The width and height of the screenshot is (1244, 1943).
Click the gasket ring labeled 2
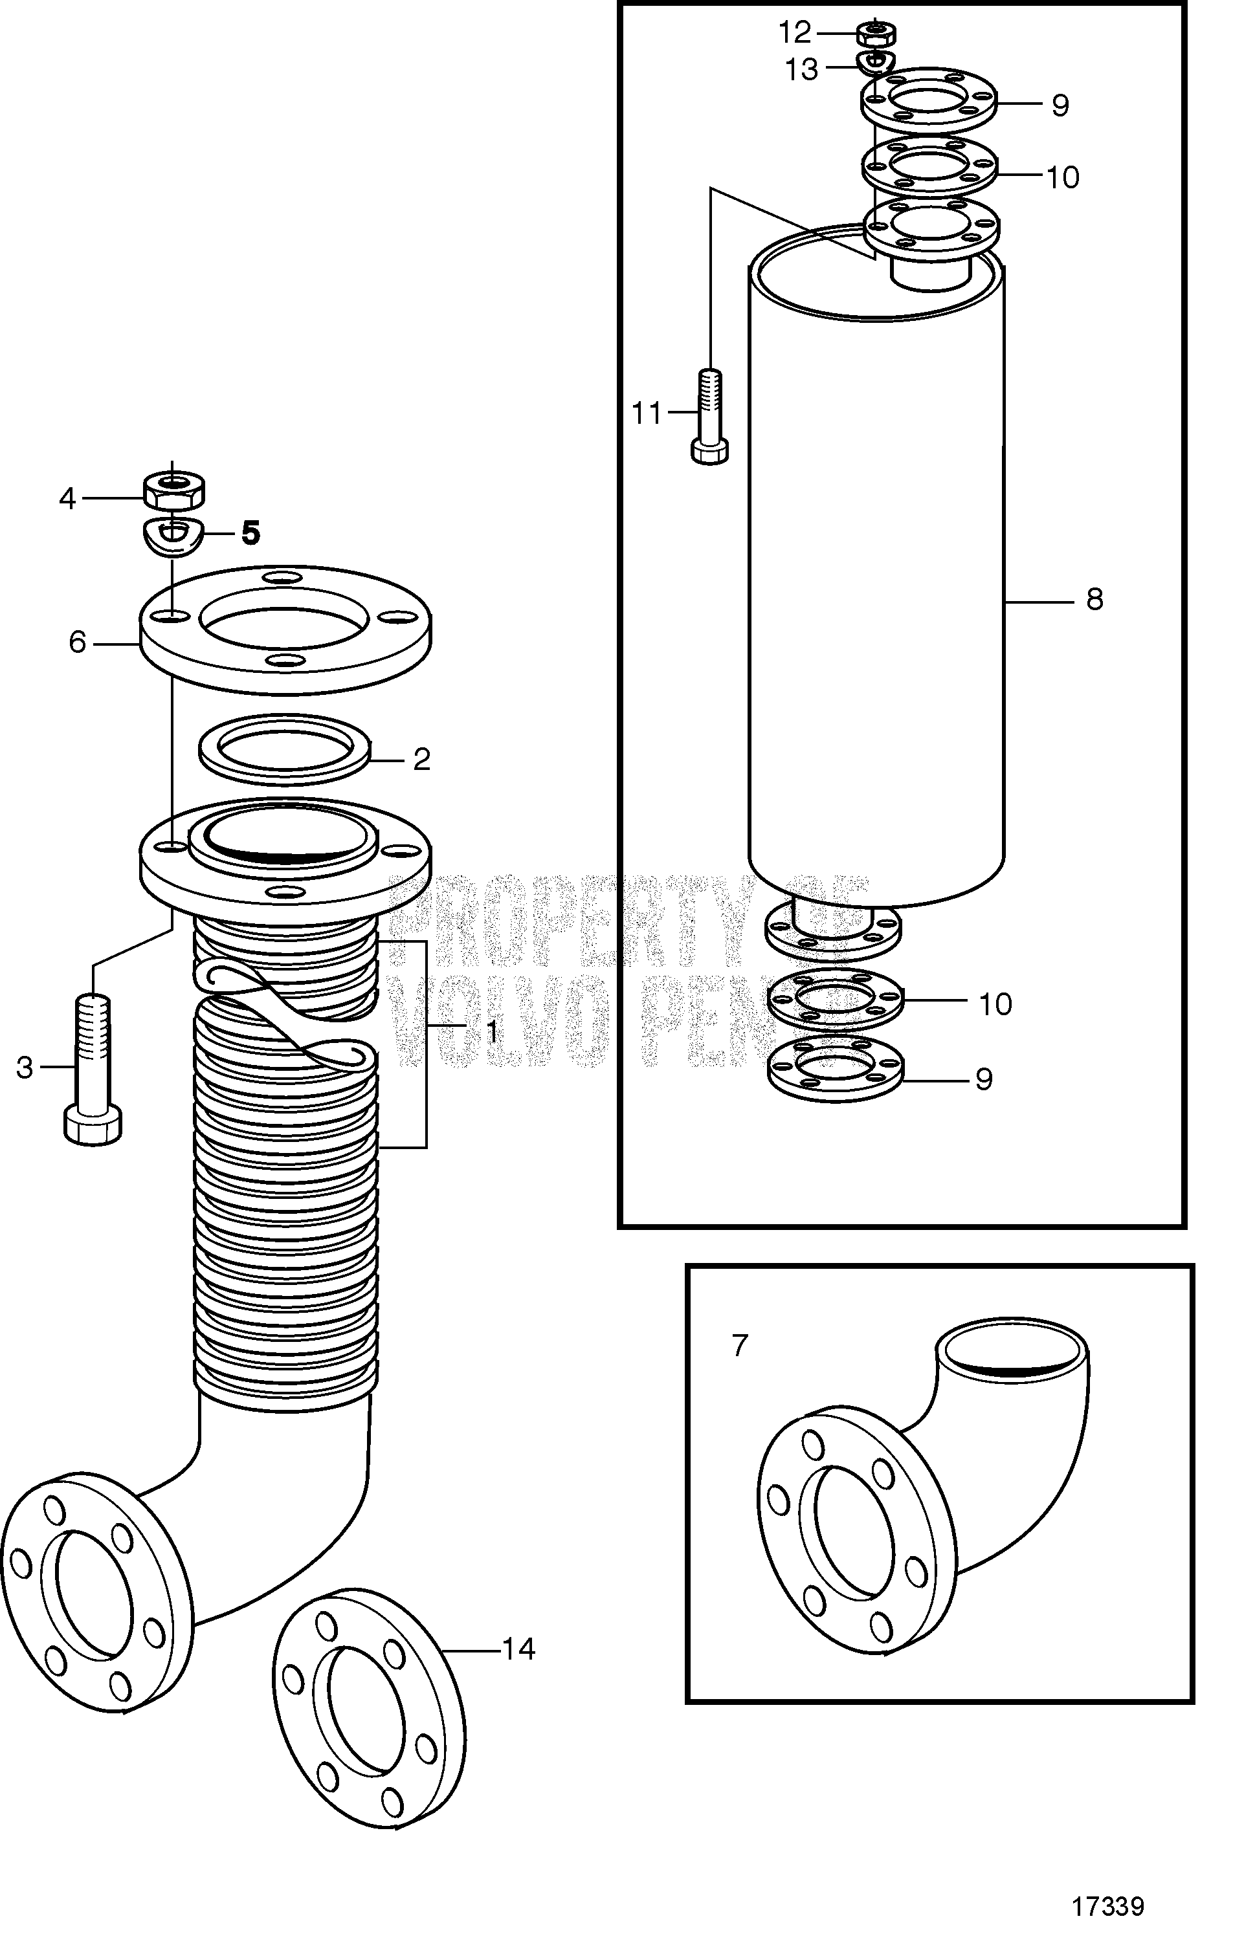point(285,749)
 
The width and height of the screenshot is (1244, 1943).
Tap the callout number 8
point(1094,600)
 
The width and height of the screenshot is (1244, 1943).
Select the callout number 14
point(519,1649)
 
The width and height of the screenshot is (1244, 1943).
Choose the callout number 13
point(802,71)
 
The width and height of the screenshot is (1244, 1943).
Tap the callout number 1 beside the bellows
point(491,1031)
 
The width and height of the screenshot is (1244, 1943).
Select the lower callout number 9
point(983,1079)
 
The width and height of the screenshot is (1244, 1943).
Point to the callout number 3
point(25,1068)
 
